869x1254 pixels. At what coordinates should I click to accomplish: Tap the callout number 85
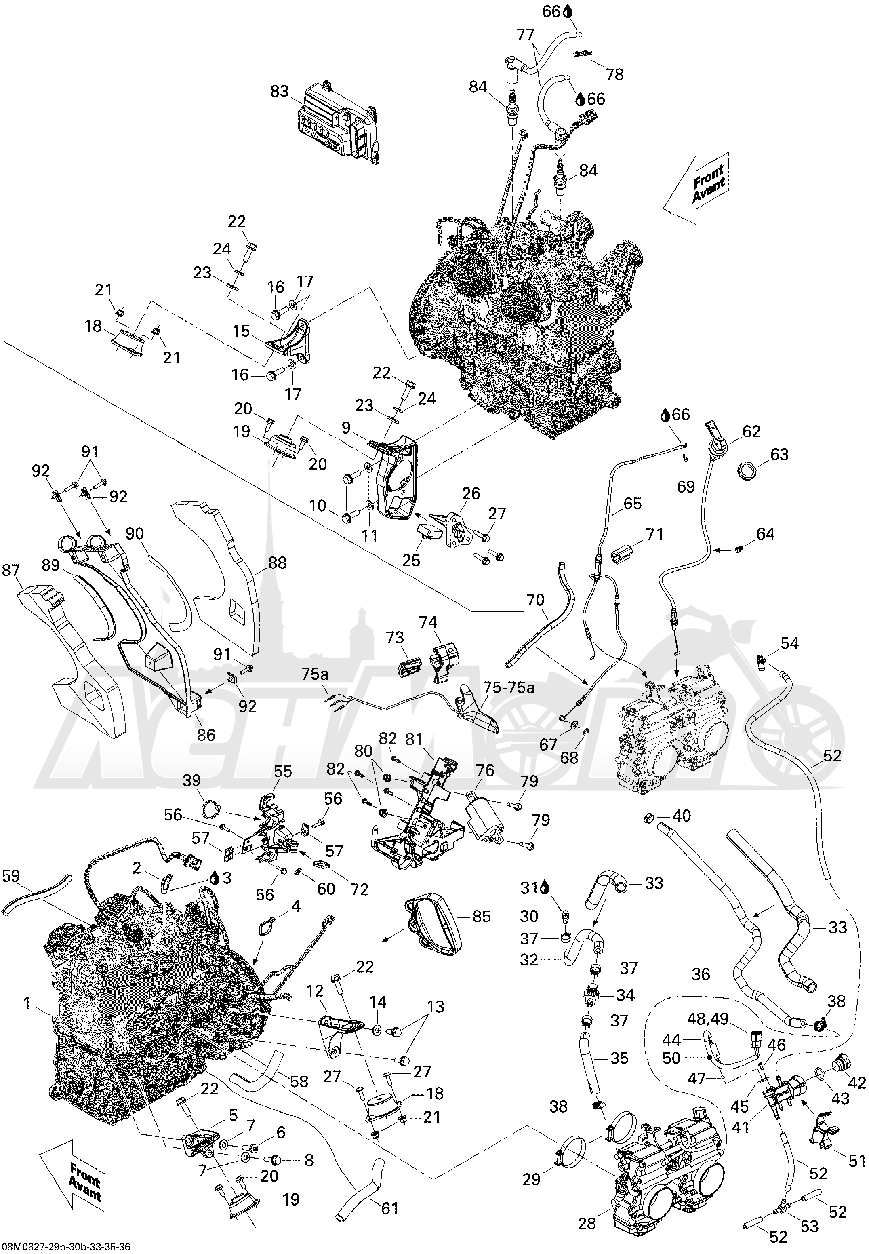click(481, 917)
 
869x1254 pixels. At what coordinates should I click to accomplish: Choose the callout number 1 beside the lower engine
click(27, 1003)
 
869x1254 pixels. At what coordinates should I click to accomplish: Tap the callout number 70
click(535, 600)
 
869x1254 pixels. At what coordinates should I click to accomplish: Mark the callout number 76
click(485, 771)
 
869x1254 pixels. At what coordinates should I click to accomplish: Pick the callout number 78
click(615, 75)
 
